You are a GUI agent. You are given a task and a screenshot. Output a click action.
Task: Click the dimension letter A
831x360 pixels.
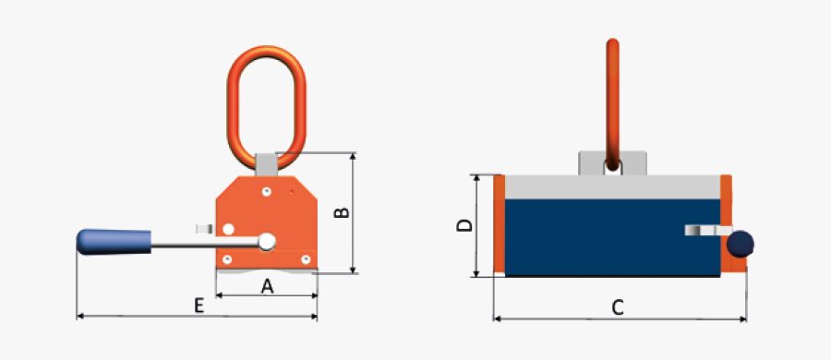click(268, 287)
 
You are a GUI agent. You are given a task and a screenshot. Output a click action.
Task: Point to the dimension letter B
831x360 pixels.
click(342, 213)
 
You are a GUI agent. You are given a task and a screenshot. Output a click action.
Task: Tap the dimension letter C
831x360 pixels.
click(619, 307)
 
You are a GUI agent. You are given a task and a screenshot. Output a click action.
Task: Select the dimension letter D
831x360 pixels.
click(465, 224)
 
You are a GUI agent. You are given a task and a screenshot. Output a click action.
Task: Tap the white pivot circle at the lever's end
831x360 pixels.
click(267, 242)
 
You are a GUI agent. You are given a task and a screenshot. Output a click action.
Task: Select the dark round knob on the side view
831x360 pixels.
click(741, 244)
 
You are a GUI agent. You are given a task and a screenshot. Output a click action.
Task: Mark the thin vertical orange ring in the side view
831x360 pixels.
click(610, 92)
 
